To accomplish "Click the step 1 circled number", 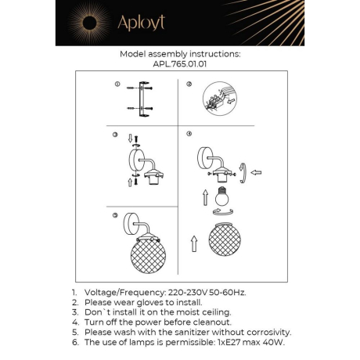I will pyautogui.click(x=117, y=85).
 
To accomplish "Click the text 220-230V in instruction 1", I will pyautogui.click(x=193, y=291).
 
